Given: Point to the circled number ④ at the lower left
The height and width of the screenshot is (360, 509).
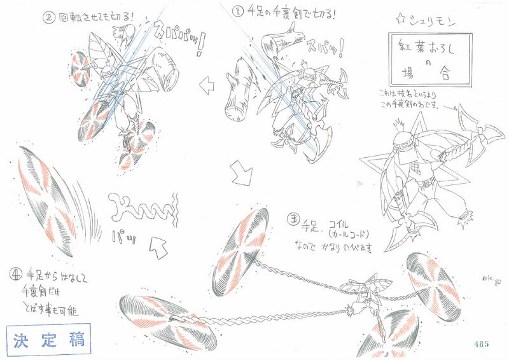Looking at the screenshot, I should tap(15, 275).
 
